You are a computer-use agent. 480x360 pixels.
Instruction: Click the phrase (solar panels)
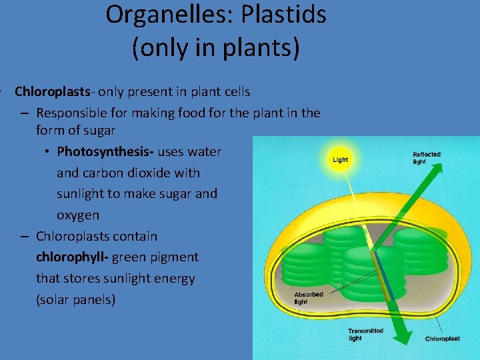pyautogui.click(x=75, y=299)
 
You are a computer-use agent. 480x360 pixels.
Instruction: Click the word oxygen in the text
pyautogui.click(x=77, y=215)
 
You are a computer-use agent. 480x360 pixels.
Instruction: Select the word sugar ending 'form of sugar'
pyautogui.click(x=97, y=131)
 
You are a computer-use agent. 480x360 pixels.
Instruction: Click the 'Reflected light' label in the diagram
pyautogui.click(x=426, y=158)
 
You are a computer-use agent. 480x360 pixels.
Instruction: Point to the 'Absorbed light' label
pyautogui.click(x=309, y=298)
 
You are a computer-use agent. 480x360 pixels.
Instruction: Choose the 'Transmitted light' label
pyautogui.click(x=365, y=334)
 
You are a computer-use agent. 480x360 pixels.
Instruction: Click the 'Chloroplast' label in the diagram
pyautogui.click(x=443, y=339)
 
